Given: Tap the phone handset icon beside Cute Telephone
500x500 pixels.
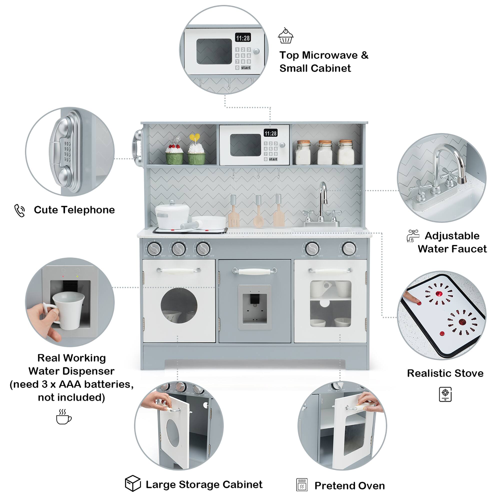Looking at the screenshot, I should tap(20, 210).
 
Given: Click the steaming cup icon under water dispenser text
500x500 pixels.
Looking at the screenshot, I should tap(63, 417).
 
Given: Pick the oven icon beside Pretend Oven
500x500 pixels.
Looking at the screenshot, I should tap(302, 484).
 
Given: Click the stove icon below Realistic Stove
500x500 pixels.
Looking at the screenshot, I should tap(445, 394).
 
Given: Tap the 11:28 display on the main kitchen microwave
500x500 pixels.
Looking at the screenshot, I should tap(270, 133).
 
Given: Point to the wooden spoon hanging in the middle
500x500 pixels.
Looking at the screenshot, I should tap(258, 212).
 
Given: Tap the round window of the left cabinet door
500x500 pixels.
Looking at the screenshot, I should tap(179, 306).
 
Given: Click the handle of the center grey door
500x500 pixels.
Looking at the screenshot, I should tap(255, 271).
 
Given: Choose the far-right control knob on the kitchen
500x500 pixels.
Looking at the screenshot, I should tap(349, 249).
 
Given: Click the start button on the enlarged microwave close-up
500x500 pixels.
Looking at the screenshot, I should tap(245, 68).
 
